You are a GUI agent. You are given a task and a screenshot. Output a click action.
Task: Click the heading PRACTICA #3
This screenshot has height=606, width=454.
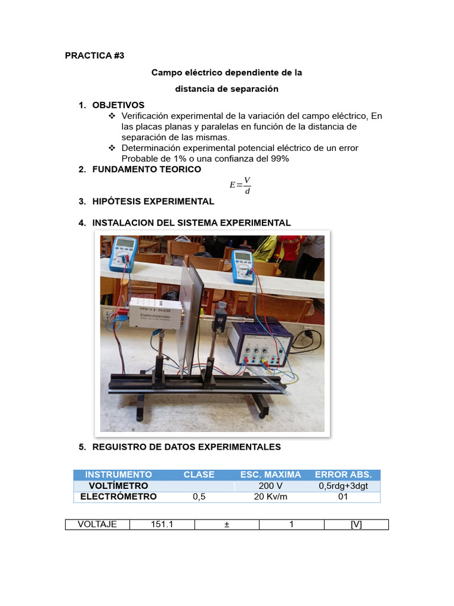tap(95, 56)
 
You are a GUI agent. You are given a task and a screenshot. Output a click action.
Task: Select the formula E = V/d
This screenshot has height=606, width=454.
tap(240, 185)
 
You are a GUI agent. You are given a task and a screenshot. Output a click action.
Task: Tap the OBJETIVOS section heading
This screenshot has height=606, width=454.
tap(118, 105)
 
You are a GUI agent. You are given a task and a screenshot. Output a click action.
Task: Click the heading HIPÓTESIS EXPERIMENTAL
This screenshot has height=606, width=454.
tap(153, 201)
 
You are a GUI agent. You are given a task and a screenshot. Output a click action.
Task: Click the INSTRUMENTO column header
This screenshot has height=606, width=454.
tap(118, 475)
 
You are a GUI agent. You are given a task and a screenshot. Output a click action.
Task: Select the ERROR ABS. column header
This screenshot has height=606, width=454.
tap(343, 475)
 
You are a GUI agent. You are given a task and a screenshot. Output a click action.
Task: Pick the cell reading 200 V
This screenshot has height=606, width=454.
tap(270, 486)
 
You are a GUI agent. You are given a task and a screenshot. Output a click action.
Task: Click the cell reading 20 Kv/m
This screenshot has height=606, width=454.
tap(270, 497)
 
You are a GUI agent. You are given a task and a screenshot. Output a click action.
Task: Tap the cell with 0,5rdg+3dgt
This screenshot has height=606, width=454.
tap(343, 486)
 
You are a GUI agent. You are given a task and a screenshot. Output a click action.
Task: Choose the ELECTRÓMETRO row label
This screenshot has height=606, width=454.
tap(118, 497)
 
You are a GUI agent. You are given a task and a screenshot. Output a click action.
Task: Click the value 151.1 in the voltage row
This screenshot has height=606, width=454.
tap(161, 524)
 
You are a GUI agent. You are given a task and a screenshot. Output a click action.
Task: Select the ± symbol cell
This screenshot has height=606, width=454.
tap(226, 524)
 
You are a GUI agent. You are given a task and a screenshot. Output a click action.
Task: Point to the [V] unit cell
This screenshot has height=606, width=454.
tap(356, 524)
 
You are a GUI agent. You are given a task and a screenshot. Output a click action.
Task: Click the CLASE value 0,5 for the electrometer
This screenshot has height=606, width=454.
tap(199, 497)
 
